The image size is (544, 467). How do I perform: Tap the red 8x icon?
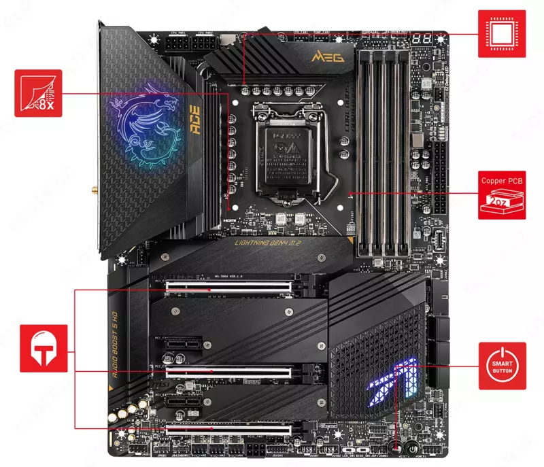click(x=38, y=93)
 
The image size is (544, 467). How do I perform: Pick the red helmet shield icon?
click(x=44, y=348)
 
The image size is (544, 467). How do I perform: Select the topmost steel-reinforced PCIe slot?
click(x=230, y=288)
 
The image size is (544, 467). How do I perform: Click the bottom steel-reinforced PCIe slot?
click(x=230, y=430)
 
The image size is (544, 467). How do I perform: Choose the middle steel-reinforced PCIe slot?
click(x=230, y=373)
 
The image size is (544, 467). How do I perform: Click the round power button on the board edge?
click(x=413, y=449)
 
